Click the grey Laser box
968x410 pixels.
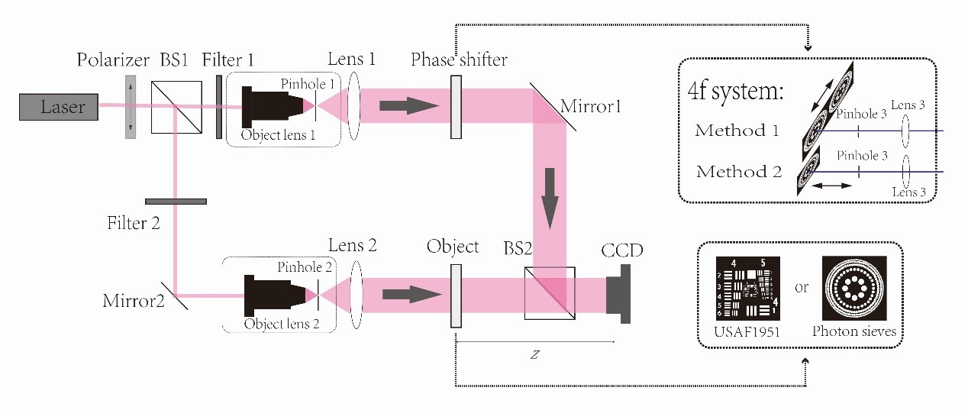point(59,108)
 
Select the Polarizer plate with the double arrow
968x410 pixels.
point(131,106)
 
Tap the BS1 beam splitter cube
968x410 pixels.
point(176,107)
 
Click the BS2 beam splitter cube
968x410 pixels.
point(550,292)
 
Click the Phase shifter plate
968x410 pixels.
point(456,107)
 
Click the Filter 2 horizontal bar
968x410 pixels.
point(176,202)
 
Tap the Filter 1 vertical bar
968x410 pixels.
point(219,107)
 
